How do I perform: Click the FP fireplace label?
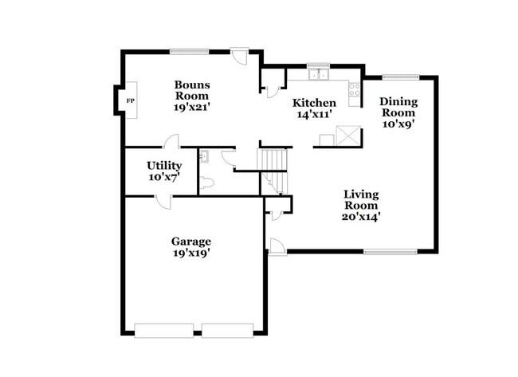(x=130, y=100)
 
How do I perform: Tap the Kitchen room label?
(x=314, y=103)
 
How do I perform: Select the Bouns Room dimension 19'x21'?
(x=192, y=104)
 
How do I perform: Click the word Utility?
(x=163, y=165)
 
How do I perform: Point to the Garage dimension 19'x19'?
(x=191, y=253)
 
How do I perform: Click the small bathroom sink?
(x=203, y=157)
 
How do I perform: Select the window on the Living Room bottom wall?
(x=390, y=252)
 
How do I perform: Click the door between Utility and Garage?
(x=163, y=200)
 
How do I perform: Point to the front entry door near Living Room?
(x=276, y=246)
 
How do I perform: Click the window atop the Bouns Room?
(x=189, y=52)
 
